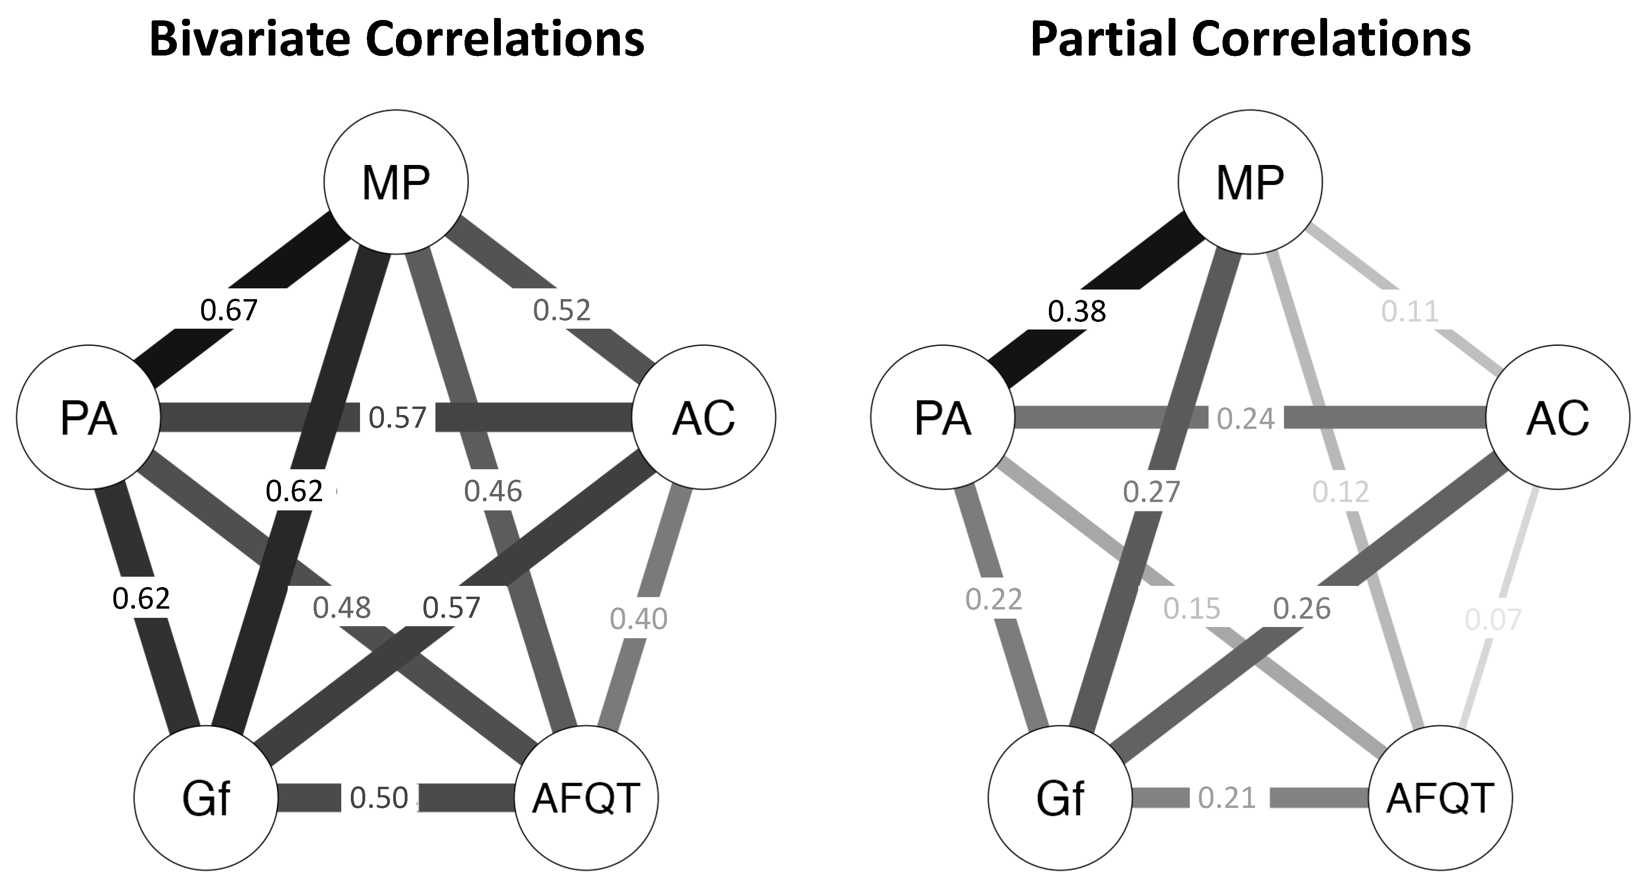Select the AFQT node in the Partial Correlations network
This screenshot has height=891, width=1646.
click(1440, 798)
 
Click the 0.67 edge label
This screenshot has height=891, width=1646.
click(229, 311)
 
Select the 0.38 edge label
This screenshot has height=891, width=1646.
click(1077, 312)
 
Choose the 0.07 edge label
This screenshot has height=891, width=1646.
click(1493, 619)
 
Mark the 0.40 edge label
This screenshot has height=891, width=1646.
click(638, 619)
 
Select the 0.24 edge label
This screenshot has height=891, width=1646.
click(1246, 419)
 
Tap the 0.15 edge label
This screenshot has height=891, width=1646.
click(1192, 609)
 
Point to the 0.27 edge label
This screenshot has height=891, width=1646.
click(1151, 492)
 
